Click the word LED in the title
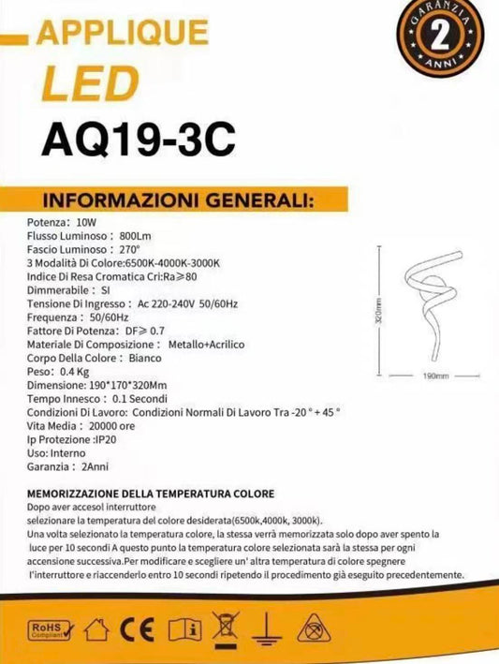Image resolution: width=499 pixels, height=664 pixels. pos(81,86)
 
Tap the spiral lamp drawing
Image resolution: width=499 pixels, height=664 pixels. pos(431,303)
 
